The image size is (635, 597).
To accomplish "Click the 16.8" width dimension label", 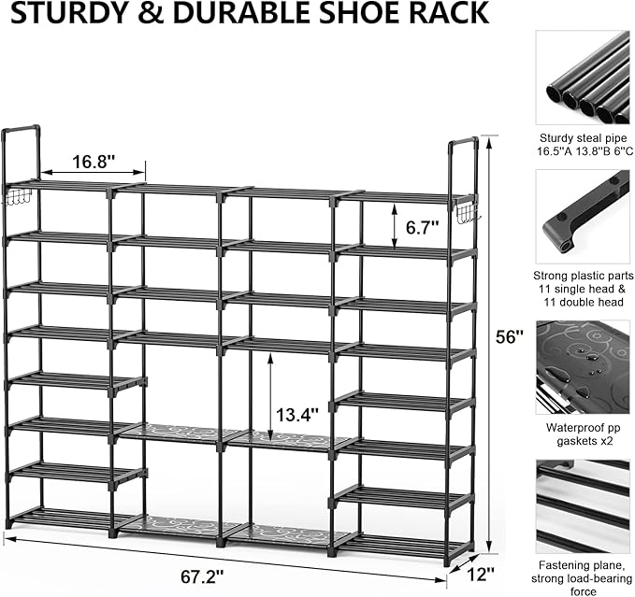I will (93, 161).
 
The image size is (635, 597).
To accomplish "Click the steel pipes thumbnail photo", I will (582, 78).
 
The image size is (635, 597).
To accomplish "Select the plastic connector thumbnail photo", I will (582, 217).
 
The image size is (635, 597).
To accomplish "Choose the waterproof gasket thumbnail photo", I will (582, 367).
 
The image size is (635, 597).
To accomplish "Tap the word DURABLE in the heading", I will (233, 14).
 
